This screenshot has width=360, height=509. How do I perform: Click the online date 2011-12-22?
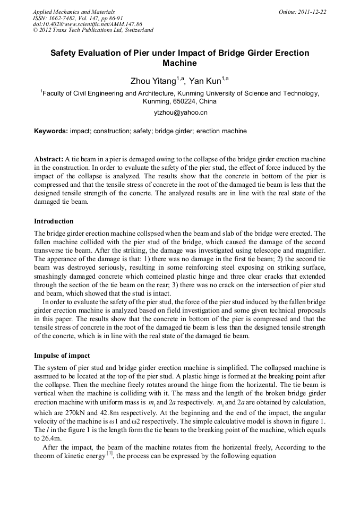coord(313,11)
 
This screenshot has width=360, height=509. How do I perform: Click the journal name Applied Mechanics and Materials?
coord(74,11)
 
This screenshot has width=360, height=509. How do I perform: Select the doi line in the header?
coord(87,24)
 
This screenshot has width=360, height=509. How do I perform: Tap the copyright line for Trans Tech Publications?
coord(93,30)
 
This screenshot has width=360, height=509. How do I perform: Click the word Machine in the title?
coord(179,64)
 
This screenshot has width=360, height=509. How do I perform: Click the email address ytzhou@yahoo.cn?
coord(181,113)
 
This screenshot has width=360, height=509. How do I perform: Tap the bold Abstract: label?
coord(49,159)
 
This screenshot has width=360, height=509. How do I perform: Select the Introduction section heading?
coord(54,221)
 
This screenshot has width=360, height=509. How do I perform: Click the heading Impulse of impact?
coord(62,355)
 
